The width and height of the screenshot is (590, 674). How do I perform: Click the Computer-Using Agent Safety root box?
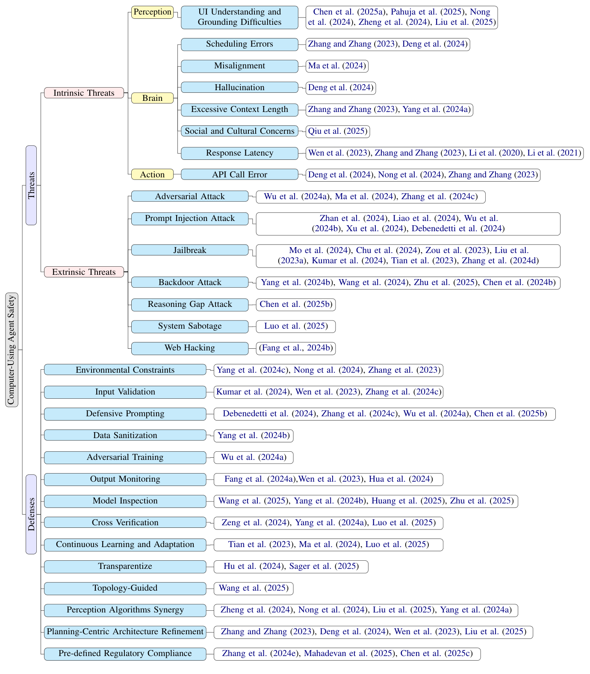coord(12,350)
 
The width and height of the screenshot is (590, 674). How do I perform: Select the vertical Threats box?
coord(31,185)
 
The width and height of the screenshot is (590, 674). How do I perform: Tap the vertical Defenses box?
coord(31,514)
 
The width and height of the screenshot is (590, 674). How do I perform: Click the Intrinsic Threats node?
coord(84,93)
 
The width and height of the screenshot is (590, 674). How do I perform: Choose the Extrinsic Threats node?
coord(84,272)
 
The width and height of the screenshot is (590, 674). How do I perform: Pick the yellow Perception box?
coord(152,12)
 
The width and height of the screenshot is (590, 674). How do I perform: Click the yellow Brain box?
coord(152,98)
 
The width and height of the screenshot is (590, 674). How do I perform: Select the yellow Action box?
coord(152,174)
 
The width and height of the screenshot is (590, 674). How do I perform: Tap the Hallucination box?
coord(239,88)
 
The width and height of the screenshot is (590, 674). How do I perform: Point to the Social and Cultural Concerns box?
coord(239,131)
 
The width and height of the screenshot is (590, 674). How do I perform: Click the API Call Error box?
coord(239,174)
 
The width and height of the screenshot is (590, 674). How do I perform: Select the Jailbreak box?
coord(190,250)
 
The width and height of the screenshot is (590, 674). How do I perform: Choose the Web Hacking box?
coord(190,348)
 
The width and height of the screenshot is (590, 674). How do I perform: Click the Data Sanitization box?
coord(125,436)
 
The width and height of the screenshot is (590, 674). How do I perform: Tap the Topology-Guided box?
coord(125,588)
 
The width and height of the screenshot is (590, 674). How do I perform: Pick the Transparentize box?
coord(125,566)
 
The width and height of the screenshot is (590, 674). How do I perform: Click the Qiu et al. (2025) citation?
coord(338,131)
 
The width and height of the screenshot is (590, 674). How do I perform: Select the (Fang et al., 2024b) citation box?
coord(296,348)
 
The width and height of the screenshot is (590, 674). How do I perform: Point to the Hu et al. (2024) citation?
coord(254,566)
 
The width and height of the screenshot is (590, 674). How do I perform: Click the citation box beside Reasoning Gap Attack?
coord(296,304)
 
